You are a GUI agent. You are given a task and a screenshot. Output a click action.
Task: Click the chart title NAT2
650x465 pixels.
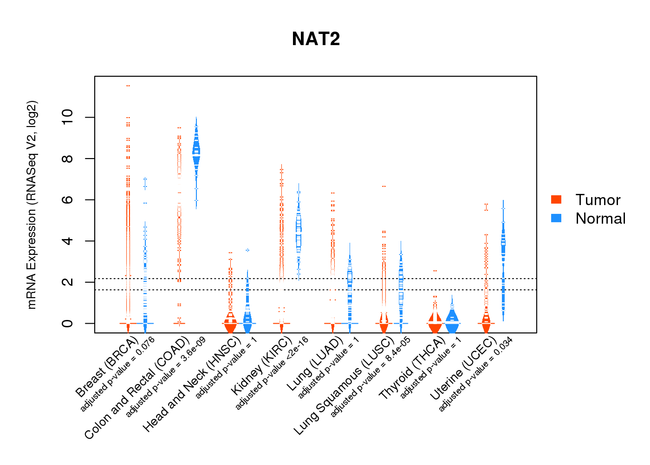pos(316,39)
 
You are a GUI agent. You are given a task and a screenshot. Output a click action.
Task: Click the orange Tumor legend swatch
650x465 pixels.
pos(556,199)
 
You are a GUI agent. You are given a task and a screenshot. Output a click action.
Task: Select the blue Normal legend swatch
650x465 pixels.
pos(556,218)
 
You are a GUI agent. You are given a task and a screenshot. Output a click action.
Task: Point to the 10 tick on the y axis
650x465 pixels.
pos(67,117)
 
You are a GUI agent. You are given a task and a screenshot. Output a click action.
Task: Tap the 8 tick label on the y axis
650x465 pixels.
pos(67,159)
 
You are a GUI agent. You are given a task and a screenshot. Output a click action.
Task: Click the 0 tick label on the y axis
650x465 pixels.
pos(67,323)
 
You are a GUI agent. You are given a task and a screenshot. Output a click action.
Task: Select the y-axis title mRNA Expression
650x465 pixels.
pos(32,205)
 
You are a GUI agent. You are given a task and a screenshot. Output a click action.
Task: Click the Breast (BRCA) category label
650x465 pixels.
pos(107,367)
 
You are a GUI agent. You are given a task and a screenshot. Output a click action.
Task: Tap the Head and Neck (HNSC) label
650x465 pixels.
pos(191,384)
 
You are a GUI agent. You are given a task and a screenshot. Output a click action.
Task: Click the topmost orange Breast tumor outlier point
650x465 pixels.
pos(128,86)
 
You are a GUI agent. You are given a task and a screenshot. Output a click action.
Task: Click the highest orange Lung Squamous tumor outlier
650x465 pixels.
pos(384,186)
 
